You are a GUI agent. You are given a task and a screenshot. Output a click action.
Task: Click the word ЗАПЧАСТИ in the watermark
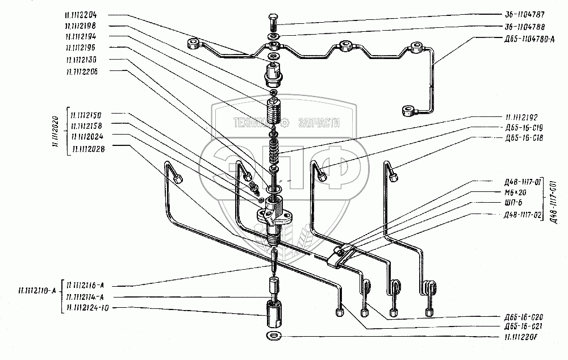[319, 122]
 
